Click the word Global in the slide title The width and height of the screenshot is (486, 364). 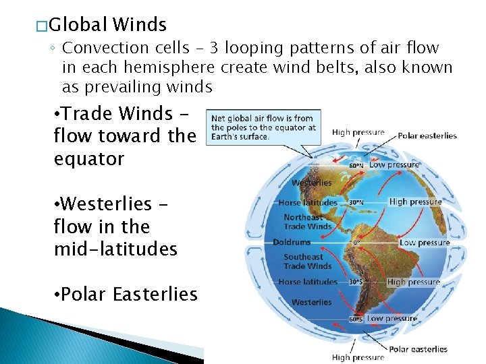coord(78,25)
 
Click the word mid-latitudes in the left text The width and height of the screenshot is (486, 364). coord(115,249)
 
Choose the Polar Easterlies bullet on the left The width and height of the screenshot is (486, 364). coord(125,295)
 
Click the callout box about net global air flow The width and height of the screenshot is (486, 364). coord(263,127)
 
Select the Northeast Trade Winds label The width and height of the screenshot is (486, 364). coord(308,222)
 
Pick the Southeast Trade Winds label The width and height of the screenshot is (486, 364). coord(308,262)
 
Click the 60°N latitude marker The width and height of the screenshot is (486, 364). coord(356,164)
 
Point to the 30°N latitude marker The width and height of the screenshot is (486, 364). coord(356,202)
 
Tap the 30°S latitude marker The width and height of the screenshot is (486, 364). coord(356,282)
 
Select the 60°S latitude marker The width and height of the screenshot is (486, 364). coord(356,319)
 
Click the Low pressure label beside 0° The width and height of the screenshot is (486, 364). coord(425,242)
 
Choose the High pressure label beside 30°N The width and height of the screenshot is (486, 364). coord(415,202)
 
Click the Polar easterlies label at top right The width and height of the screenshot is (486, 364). coord(427,135)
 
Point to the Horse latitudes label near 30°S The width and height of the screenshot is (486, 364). coord(308,282)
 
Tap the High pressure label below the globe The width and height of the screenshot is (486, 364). coord(358,357)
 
